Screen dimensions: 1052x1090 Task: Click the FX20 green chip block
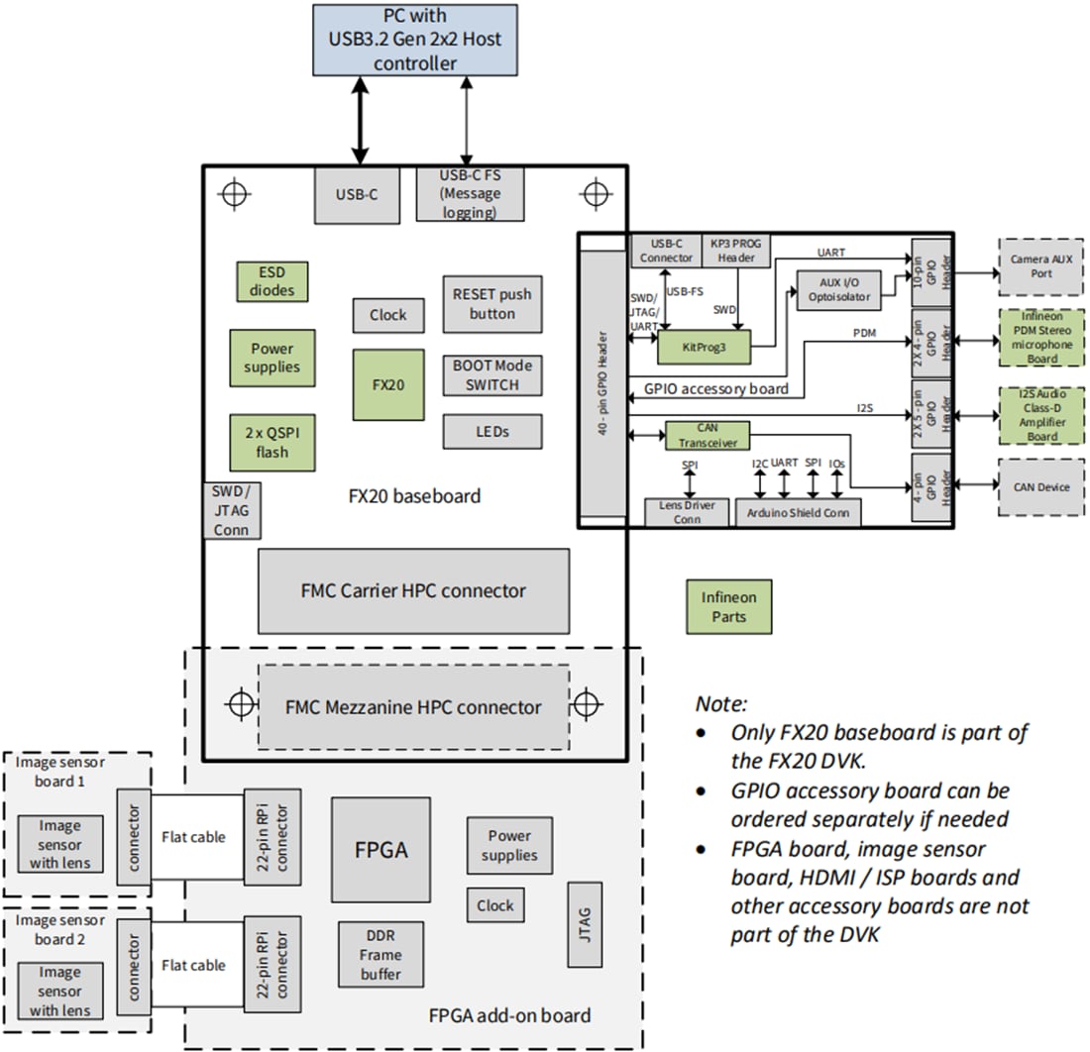tap(387, 384)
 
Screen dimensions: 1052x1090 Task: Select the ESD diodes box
tap(272, 281)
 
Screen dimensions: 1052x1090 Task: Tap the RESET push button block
tap(492, 304)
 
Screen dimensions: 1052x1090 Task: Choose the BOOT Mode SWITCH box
tap(492, 375)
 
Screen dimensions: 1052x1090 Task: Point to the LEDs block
tap(492, 431)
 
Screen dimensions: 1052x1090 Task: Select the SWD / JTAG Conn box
tap(225, 510)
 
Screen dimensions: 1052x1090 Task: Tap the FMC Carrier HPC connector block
tap(413, 591)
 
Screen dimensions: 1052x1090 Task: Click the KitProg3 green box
tap(703, 348)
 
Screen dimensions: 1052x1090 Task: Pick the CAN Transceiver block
tap(703, 436)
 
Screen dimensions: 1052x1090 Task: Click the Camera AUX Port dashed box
tap(1040, 265)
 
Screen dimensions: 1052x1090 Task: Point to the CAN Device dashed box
tap(1040, 486)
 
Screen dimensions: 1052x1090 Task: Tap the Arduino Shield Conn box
tap(798, 512)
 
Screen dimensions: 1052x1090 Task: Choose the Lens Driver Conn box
tap(686, 512)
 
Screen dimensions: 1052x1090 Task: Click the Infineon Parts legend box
tap(728, 606)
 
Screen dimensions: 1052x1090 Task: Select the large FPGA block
tap(381, 850)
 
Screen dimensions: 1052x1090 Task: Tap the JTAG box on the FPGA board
tap(583, 923)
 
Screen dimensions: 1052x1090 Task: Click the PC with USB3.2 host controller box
tap(415, 41)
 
